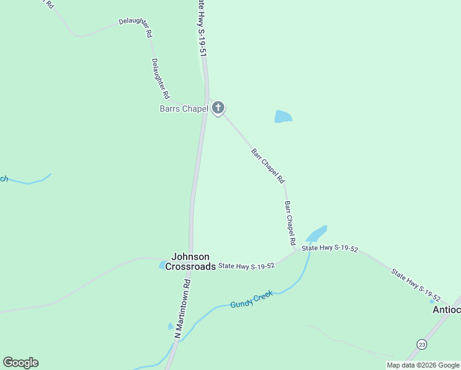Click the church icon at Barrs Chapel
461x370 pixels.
click(218, 109)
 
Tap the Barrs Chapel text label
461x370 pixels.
click(184, 109)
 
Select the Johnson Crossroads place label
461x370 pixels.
click(190, 261)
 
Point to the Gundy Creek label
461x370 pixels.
click(251, 299)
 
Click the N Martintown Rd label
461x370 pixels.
click(184, 308)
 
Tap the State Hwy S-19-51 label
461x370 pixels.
click(202, 28)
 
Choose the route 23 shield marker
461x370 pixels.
click(421, 343)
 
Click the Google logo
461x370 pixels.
click(20, 363)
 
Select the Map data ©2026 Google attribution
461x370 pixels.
click(423, 365)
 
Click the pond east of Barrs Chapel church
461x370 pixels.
click(283, 117)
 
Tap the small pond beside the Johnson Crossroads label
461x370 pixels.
click(162, 265)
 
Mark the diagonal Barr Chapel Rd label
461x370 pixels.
click(268, 165)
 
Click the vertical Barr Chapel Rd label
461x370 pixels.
click(290, 222)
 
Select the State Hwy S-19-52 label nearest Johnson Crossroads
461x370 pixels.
click(246, 265)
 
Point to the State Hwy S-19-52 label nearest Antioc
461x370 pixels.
click(415, 284)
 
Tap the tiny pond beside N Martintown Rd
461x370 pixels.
click(171, 326)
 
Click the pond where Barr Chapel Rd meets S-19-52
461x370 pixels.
click(316, 234)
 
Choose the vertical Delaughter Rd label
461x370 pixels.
click(160, 79)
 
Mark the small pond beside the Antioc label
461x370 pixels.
click(432, 302)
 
